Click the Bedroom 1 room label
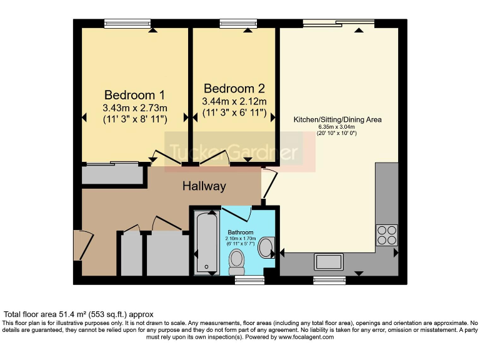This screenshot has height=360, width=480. (134, 95)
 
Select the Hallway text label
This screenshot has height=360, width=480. (204, 186)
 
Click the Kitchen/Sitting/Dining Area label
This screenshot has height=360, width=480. (337, 119)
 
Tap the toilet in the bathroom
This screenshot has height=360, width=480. (237, 262)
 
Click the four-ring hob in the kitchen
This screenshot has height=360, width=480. (386, 235)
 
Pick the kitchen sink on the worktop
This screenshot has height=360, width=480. (329, 261)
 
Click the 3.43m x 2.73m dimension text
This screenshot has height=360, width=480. (134, 107)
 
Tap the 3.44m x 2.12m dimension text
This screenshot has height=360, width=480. (234, 101)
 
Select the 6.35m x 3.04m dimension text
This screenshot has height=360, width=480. (337, 127)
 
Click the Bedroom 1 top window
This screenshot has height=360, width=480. (127, 24)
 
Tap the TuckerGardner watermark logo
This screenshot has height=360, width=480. (239, 152)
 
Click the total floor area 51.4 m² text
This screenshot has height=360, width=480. (78, 314)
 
